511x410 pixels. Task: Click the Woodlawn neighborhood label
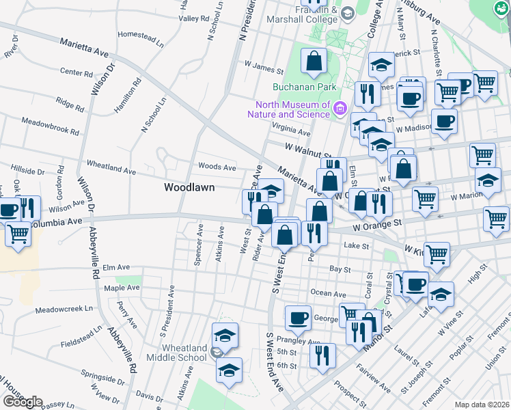[189, 187]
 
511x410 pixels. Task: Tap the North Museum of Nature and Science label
[292, 109]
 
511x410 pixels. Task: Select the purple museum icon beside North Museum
[339, 108]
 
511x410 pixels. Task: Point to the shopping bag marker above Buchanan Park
[314, 61]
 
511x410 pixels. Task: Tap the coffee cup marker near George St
[297, 317]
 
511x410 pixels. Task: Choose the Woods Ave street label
[217, 167]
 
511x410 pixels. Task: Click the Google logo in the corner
[23, 401]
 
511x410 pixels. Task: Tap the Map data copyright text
[482, 405]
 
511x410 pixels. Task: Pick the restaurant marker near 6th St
[322, 355]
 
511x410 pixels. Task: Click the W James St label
[263, 69]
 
